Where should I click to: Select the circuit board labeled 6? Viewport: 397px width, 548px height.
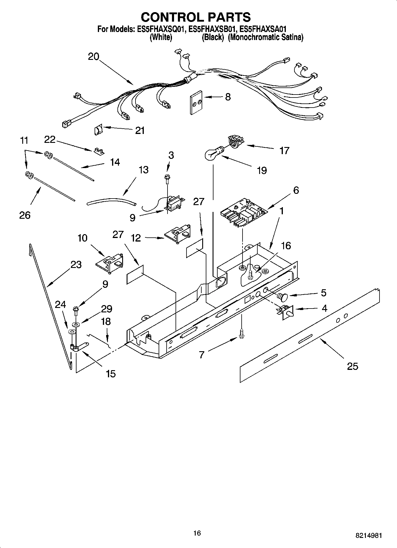tap(244, 213)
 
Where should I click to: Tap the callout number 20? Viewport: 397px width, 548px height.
tap(93, 57)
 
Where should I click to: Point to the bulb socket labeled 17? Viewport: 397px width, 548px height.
tap(235, 141)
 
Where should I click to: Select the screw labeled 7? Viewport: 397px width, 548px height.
tap(242, 333)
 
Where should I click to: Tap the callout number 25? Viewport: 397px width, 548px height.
tap(353, 366)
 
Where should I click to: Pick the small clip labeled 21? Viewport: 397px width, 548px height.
tap(98, 130)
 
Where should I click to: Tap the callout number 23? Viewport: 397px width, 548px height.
tap(76, 264)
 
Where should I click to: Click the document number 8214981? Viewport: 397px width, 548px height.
tap(369, 536)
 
